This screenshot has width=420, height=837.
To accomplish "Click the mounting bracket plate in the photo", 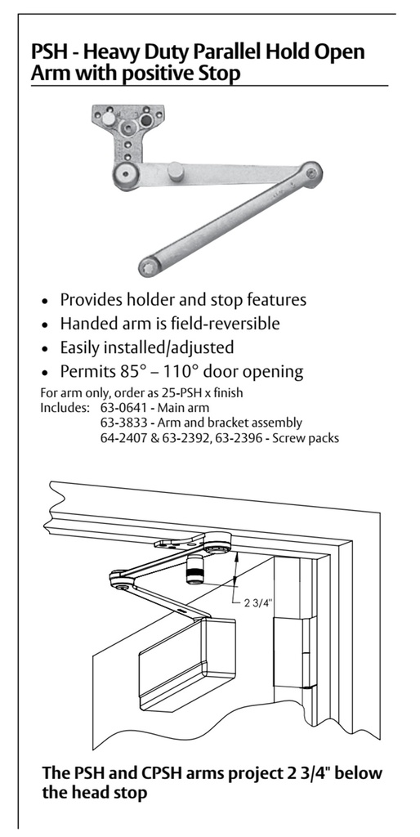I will tap(130, 123).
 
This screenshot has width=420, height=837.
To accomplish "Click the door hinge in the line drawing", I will tap(301, 654).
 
